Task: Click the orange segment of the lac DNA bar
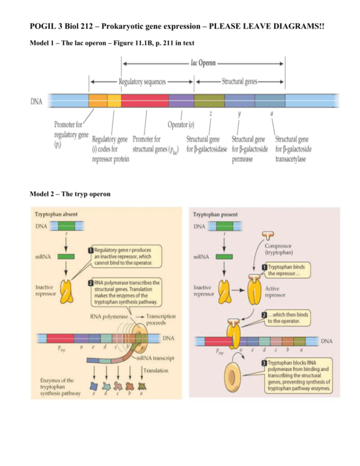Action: [98, 100]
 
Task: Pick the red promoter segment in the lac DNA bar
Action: [145, 100]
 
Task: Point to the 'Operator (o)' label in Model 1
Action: [181, 125]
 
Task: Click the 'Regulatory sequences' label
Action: [142, 81]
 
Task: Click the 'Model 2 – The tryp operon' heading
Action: [70, 194]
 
